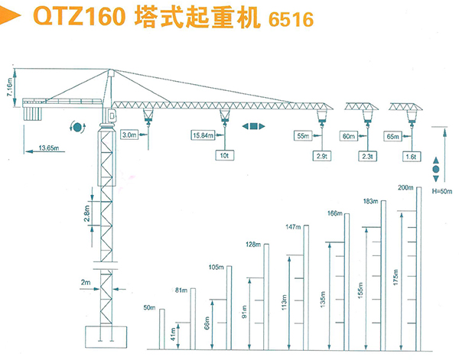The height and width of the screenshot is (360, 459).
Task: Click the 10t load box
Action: [x=224, y=155]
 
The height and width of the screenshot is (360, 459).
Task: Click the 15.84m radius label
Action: [x=203, y=136]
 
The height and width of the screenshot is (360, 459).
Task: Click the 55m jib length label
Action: [x=304, y=136]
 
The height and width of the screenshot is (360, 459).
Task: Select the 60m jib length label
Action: [x=349, y=136]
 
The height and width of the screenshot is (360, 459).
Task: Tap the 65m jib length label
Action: [x=394, y=136]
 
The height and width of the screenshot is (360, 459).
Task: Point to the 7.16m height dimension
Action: [x=8, y=86]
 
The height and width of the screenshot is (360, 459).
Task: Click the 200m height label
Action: [x=405, y=187]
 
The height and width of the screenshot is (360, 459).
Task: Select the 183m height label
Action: [x=369, y=201]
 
